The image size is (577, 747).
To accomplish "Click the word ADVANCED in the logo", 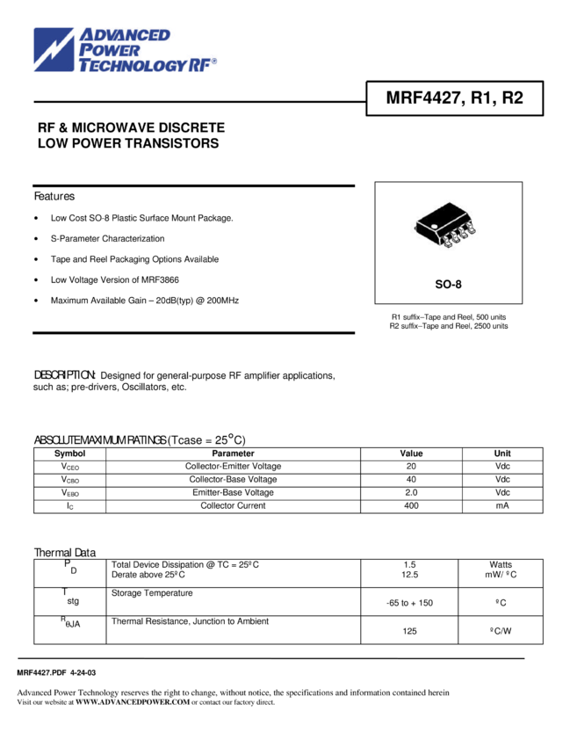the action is click(x=125, y=36).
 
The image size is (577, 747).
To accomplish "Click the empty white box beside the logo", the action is click(x=292, y=66).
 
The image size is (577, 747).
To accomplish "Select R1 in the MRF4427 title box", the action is click(x=480, y=98).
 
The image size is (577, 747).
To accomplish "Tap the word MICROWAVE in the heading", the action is click(x=114, y=128).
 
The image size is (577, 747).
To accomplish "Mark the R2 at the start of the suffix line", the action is click(x=394, y=326).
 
